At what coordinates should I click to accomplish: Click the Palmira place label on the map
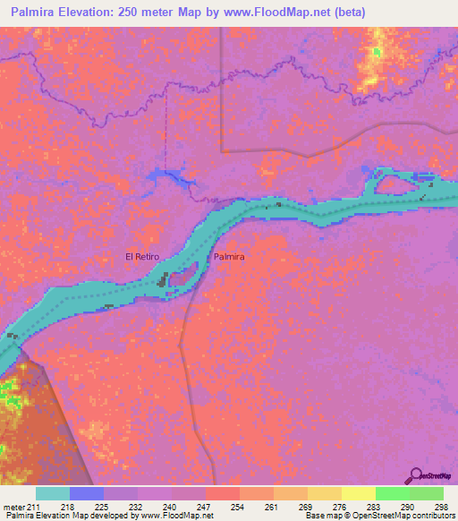point(229,257)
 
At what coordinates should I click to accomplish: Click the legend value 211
point(34,508)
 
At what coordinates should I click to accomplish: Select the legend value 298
point(438,508)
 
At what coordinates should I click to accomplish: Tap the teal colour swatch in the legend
point(53,493)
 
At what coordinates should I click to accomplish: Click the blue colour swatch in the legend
point(87,493)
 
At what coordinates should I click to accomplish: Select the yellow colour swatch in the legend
point(359,493)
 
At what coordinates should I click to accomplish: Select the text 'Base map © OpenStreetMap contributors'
point(379,516)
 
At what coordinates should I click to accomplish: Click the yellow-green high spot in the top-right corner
point(379,58)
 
